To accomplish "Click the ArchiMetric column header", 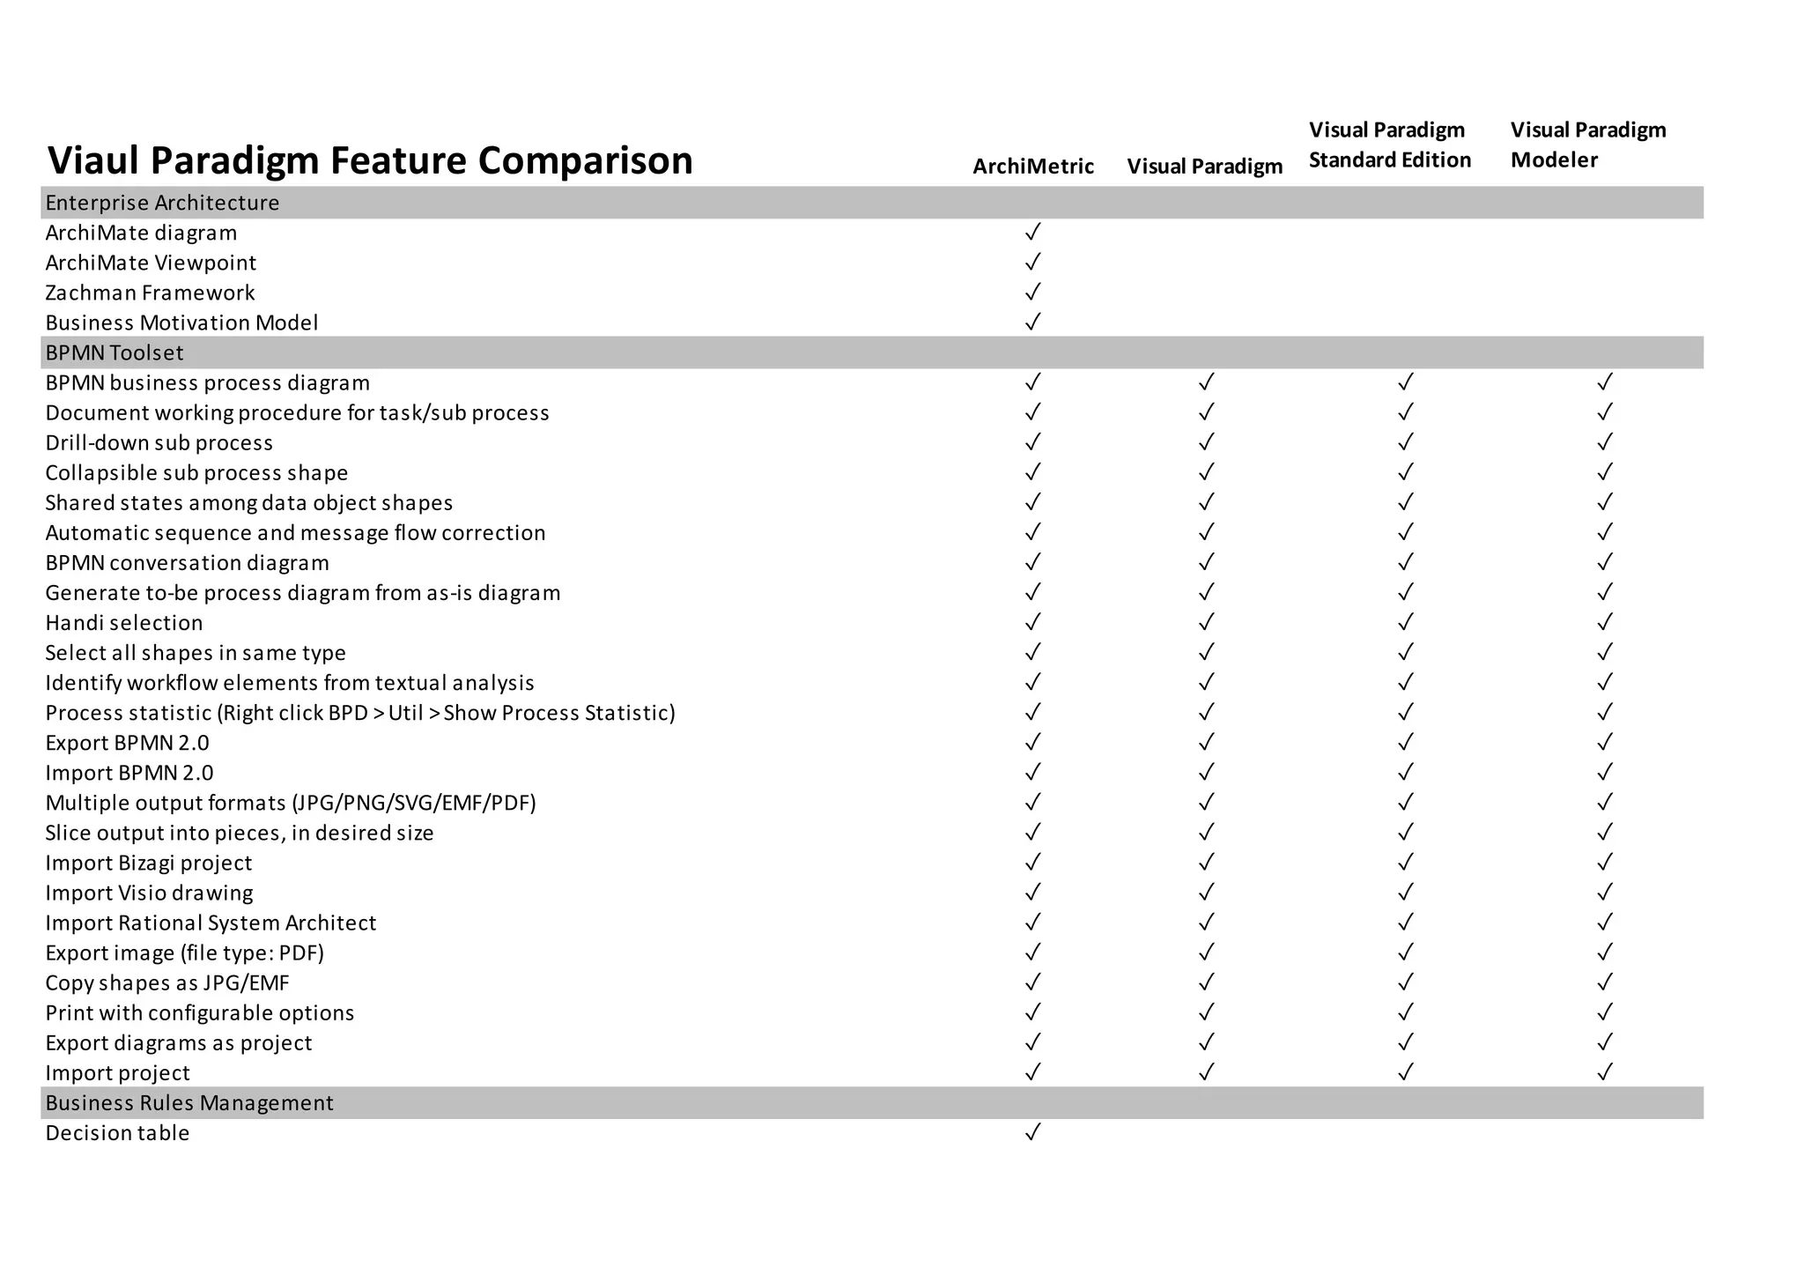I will tap(1032, 167).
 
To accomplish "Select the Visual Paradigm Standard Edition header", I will tap(1389, 145).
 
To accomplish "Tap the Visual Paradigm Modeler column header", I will tap(1587, 145).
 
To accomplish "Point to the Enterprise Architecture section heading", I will tap(162, 203).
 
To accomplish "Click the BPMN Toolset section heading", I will tap(115, 352).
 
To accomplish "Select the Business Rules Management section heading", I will tap(189, 1103).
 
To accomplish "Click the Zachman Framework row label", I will tap(150, 293).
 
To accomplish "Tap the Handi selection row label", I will tap(124, 623).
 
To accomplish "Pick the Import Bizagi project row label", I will tap(149, 863).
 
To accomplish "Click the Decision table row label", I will tap(117, 1133).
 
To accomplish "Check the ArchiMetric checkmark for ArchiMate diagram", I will tap(1033, 233).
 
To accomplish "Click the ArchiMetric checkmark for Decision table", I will tap(1033, 1132).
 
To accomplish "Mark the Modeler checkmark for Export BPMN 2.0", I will tap(1605, 742).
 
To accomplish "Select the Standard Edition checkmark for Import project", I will tap(1406, 1072).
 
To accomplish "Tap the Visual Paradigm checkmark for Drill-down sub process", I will tap(1206, 442).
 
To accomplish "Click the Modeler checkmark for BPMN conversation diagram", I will tap(1605, 562).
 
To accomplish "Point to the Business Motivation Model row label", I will tap(181, 322).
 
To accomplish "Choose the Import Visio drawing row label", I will tap(149, 893).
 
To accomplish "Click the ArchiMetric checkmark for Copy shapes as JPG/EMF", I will tap(1033, 982).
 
